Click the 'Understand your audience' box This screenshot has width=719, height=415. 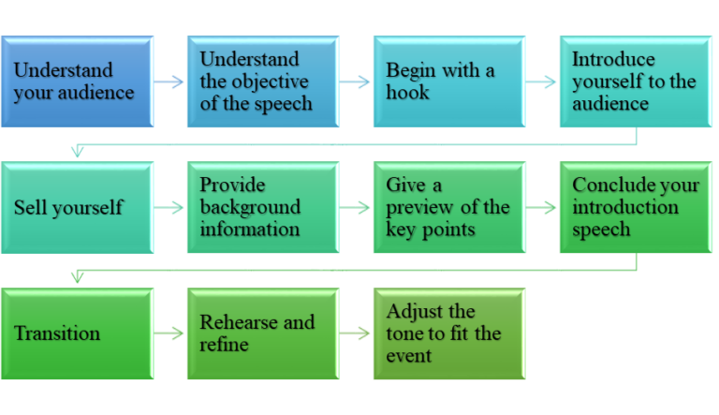coord(77,82)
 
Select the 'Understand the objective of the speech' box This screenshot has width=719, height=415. coord(263,82)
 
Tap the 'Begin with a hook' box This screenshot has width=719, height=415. coord(448,82)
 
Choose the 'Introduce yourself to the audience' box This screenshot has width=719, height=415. coord(635,82)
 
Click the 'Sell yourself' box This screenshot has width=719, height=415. coord(77,208)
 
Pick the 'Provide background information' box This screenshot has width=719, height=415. coord(263,208)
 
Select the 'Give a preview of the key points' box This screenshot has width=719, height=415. coord(448,208)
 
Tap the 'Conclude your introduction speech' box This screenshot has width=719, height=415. coord(635,208)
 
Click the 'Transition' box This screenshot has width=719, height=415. coord(77,333)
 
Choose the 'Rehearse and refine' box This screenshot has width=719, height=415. coord(263,333)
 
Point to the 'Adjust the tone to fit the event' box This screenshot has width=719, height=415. coord(448,333)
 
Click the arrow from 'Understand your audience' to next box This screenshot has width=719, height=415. coord(169,82)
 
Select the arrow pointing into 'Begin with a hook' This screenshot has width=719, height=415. coord(356,82)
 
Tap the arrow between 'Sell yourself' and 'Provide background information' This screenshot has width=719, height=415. coord(169,208)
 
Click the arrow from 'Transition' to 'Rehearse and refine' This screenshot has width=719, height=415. coord(169,333)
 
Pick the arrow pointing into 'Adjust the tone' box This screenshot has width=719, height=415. coord(356,333)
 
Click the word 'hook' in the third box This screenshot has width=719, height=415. coord(408,93)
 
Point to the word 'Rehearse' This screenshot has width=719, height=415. coord(238,322)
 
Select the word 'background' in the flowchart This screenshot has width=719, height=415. coord(249,207)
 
